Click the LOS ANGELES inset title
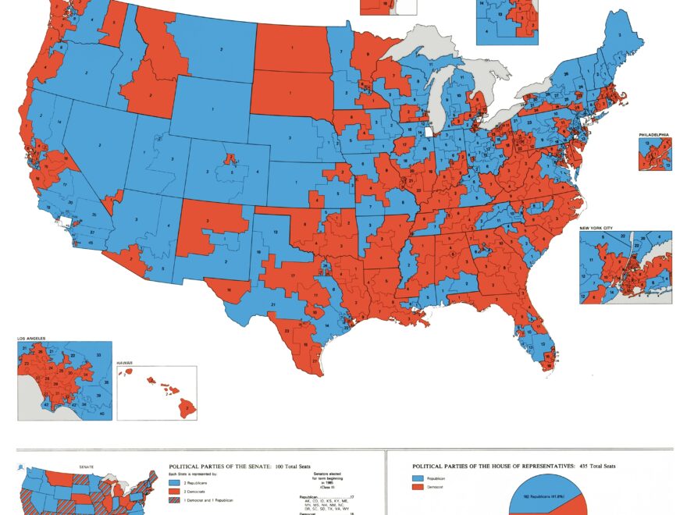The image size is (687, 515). click(x=31, y=339)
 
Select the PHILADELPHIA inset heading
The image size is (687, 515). click(x=654, y=135)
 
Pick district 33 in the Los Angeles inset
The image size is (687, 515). click(x=98, y=355)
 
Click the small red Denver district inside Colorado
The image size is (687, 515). click(x=230, y=159)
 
